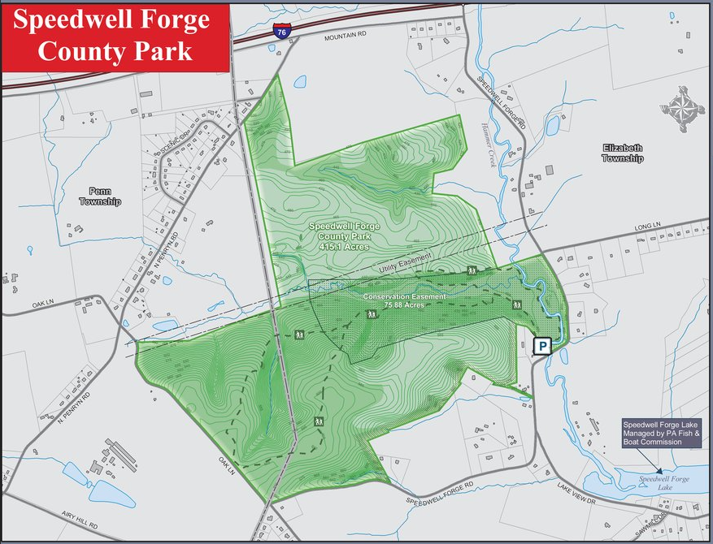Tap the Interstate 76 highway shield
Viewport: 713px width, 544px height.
(x=280, y=32)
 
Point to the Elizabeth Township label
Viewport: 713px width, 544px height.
(x=622, y=153)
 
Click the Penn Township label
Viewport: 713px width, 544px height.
(x=99, y=196)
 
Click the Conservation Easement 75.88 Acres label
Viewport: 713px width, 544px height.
(x=404, y=300)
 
